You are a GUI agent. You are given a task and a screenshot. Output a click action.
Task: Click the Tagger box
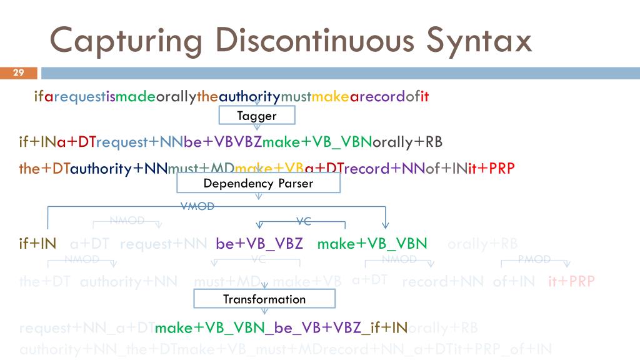click(256, 116)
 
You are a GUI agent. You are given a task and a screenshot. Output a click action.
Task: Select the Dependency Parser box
click(258, 183)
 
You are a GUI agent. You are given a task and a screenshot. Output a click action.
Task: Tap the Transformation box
click(264, 299)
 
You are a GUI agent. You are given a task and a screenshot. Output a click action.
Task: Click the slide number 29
click(18, 73)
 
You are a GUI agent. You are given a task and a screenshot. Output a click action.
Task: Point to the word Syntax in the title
click(479, 41)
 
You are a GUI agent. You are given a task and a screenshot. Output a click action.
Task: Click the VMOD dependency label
click(197, 207)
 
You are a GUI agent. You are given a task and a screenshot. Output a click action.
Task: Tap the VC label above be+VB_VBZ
click(304, 220)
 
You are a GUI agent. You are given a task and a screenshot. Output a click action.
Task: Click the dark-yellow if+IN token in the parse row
click(37, 244)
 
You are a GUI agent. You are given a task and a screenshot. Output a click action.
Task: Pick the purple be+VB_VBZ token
click(259, 244)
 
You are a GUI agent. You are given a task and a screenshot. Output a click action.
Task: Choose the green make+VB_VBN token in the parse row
click(372, 244)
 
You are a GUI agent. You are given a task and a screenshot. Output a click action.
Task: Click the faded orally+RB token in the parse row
click(482, 244)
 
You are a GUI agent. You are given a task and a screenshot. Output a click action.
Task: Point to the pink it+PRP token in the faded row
click(571, 281)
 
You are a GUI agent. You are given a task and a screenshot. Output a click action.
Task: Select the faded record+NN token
click(442, 281)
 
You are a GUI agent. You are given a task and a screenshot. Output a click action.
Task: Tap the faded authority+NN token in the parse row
click(129, 281)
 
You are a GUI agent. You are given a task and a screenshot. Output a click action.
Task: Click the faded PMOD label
click(534, 259)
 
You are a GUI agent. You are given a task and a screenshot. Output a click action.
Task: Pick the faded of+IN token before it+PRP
click(514, 281)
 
